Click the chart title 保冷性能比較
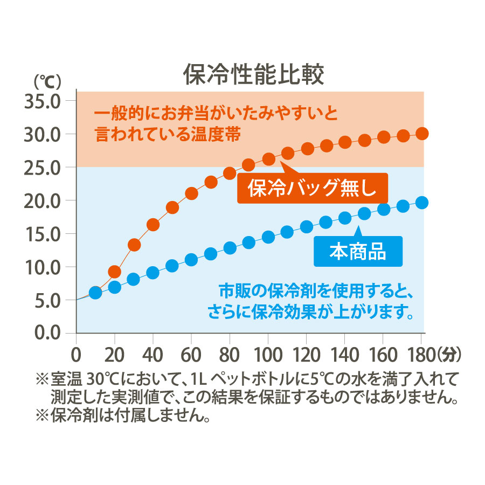coord(254,75)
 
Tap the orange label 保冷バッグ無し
coord(312,188)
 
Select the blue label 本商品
coord(358,252)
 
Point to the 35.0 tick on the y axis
coord(43,101)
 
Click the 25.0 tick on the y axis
coord(43,167)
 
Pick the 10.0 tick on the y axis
coord(43,267)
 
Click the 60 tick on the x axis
coord(191,356)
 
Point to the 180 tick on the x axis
coord(421,356)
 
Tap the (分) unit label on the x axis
coord(449,356)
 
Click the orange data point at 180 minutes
coord(422,133)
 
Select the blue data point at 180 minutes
coord(422,203)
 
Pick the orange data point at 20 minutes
coord(114,271)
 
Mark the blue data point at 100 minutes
coord(268,237)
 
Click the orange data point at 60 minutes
coord(191,193)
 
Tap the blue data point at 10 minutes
coord(95,293)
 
